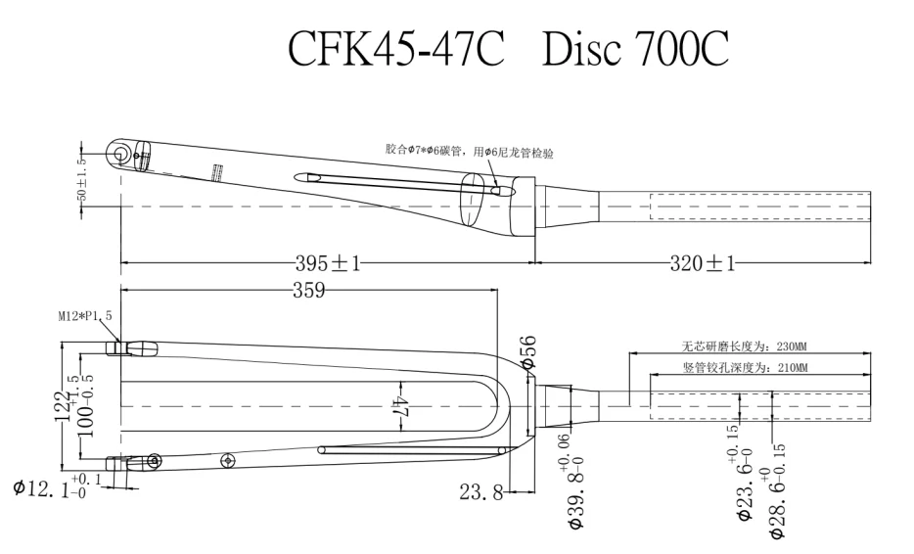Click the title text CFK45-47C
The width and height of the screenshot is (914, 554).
(x=395, y=49)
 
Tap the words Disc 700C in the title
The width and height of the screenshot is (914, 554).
(x=635, y=49)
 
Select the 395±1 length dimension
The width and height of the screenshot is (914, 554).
(x=328, y=263)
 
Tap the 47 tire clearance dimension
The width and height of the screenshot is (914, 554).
(x=400, y=406)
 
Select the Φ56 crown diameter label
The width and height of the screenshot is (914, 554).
(x=528, y=349)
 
